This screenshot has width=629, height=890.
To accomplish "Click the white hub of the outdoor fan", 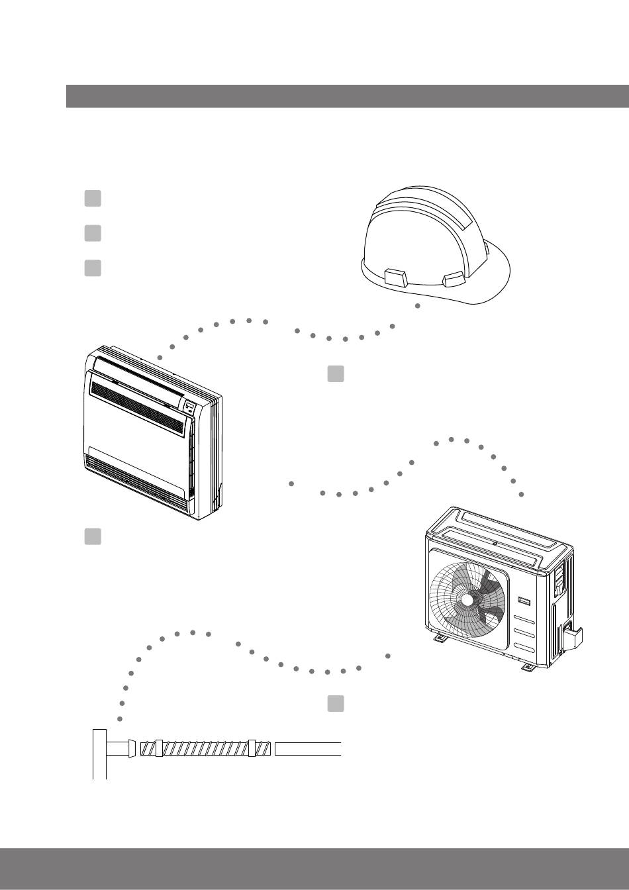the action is coord(468,599).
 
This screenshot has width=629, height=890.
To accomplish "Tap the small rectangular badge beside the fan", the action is coord(525,601).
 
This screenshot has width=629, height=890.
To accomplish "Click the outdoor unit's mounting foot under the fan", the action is coord(440,639).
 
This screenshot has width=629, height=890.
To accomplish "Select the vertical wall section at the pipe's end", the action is coord(99,754).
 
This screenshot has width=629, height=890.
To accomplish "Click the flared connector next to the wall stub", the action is coord(132,749).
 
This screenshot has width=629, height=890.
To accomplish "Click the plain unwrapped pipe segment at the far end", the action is coord(308,749).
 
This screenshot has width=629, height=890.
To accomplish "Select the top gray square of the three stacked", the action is coord(93,198).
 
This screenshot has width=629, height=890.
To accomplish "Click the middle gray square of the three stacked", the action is coord(93,233).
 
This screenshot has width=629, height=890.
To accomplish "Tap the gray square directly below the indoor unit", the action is coord(93,537).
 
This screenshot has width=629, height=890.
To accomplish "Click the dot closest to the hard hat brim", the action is coord(417,306).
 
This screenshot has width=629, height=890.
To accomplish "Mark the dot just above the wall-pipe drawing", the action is coord(119,719).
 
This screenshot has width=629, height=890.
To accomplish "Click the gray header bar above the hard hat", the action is coord(348,96).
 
